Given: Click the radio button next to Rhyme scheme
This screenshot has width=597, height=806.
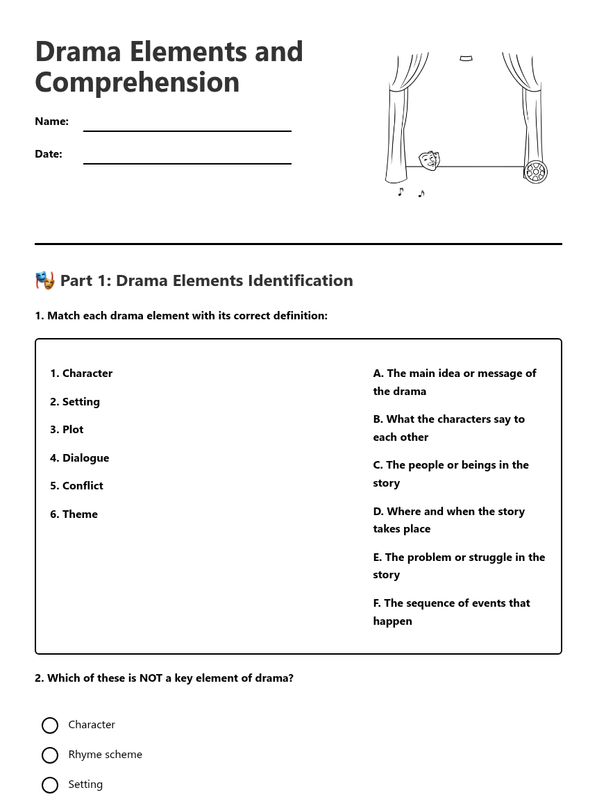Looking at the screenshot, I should click(50, 755).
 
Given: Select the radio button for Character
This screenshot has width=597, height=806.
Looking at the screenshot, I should click(50, 725).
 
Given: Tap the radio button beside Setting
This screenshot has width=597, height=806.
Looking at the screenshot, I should click(50, 784).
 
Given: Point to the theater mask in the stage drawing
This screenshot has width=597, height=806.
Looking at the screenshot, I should click(429, 160).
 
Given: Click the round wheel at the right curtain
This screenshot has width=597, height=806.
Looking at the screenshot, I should click(535, 171).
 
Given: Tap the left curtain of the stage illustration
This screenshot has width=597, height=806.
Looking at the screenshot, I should click(399, 118).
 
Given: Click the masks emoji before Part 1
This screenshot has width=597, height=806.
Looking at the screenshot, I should click(45, 280).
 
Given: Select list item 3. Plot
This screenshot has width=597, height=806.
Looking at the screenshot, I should click(67, 429).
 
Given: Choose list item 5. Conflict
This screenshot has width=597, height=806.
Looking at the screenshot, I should click(76, 485).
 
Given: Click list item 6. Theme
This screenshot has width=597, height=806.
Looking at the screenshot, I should click(74, 514).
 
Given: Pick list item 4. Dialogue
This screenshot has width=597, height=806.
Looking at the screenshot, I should click(79, 457).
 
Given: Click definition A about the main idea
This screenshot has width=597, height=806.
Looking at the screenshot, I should click(455, 382).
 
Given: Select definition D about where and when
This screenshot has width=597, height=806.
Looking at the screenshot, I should click(449, 519).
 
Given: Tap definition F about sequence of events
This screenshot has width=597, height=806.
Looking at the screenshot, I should click(451, 611).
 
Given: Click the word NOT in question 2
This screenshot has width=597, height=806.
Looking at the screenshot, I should click(151, 678).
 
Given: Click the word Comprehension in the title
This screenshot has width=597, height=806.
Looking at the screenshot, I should click(137, 82).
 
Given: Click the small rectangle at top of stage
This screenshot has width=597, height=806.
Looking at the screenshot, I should click(466, 58).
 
